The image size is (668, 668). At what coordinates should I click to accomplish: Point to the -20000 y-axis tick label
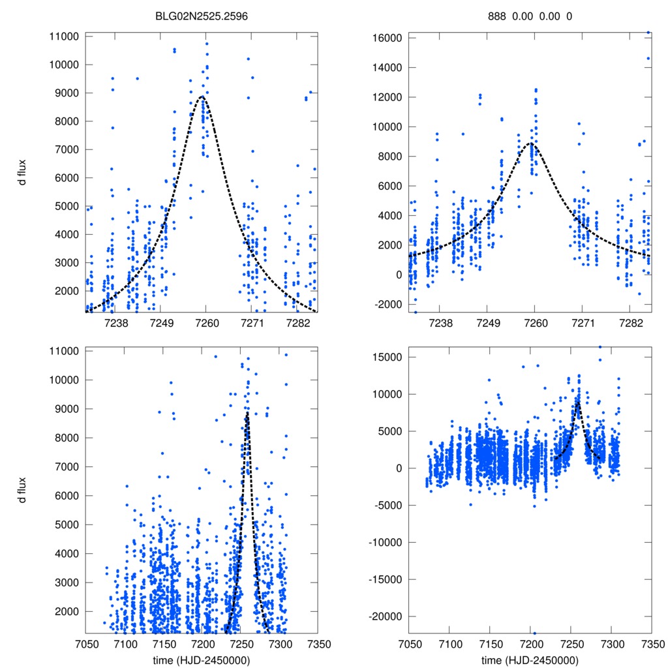(387, 616)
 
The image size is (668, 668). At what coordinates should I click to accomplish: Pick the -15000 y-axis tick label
(387, 579)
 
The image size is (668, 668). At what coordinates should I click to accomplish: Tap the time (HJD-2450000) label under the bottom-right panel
(530, 660)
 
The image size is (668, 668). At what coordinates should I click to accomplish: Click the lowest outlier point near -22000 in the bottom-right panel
(534, 633)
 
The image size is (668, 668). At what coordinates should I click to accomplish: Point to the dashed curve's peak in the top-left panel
(202, 97)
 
